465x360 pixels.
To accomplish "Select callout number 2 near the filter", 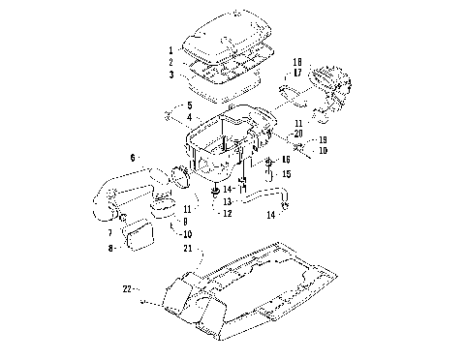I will (x=170, y=62).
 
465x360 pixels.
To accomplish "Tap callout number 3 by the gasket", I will (x=170, y=75).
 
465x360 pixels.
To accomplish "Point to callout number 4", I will (x=190, y=116).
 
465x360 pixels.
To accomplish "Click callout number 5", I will (x=190, y=105).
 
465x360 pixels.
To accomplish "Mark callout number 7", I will (x=110, y=233).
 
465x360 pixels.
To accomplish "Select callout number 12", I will (x=227, y=213).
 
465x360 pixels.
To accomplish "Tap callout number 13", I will (x=227, y=201).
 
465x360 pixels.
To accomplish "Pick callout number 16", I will (x=286, y=159).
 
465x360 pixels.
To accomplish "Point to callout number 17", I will (x=297, y=73).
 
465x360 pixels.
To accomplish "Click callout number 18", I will (x=297, y=61).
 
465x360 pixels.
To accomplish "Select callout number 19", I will (x=324, y=139).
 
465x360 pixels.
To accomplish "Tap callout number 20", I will (x=297, y=133).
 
